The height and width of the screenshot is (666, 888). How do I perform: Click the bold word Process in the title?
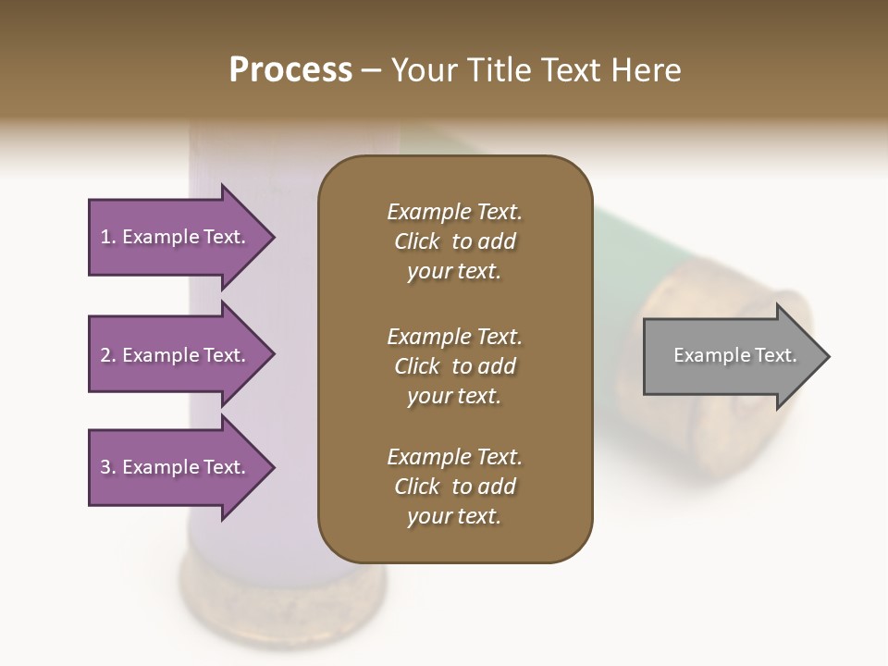[290, 70]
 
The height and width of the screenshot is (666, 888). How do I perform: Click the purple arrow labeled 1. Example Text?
[176, 237]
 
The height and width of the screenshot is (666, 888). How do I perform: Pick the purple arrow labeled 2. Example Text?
[176, 355]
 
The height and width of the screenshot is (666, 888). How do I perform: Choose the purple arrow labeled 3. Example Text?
[176, 467]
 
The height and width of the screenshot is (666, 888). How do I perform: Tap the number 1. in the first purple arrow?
[108, 237]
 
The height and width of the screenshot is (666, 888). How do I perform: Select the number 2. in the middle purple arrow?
[108, 355]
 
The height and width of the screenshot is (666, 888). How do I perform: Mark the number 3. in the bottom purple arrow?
[108, 467]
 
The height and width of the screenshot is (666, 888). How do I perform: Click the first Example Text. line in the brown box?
[454, 212]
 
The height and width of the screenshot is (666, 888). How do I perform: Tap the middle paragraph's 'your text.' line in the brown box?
[454, 396]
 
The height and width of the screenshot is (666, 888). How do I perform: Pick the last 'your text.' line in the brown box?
[454, 517]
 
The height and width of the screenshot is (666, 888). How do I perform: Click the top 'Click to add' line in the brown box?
[454, 241]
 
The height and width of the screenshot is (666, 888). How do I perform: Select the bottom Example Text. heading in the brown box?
[454, 457]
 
